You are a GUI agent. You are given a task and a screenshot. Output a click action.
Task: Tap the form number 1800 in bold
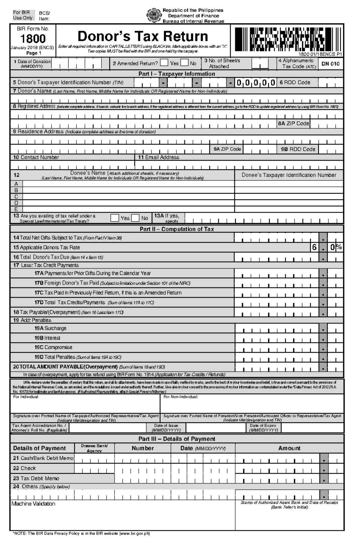pos(33,39)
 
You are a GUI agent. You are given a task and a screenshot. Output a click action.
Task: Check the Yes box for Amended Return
pos(164,63)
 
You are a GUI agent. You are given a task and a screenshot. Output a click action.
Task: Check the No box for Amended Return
pos(184,63)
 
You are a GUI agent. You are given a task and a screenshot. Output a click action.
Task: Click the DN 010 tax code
pos(330,64)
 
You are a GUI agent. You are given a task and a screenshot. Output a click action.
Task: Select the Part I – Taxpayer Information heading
pos(177,74)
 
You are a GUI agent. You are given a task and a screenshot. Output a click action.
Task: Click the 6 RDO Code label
pos(295,82)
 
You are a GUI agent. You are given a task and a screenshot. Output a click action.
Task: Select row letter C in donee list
pos(16,197)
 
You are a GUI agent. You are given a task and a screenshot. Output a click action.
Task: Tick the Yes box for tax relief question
pos(115,218)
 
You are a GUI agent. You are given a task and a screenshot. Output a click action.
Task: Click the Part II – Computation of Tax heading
pos(177,229)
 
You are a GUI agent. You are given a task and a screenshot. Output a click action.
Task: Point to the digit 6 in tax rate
pos(314,247)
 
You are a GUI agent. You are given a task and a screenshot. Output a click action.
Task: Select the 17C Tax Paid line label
pos(108,293)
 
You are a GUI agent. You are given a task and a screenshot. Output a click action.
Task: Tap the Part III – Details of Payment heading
pos(177,439)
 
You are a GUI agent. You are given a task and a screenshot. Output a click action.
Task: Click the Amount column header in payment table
pos(289,448)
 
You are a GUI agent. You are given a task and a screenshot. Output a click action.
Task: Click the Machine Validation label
pos(33,504)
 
